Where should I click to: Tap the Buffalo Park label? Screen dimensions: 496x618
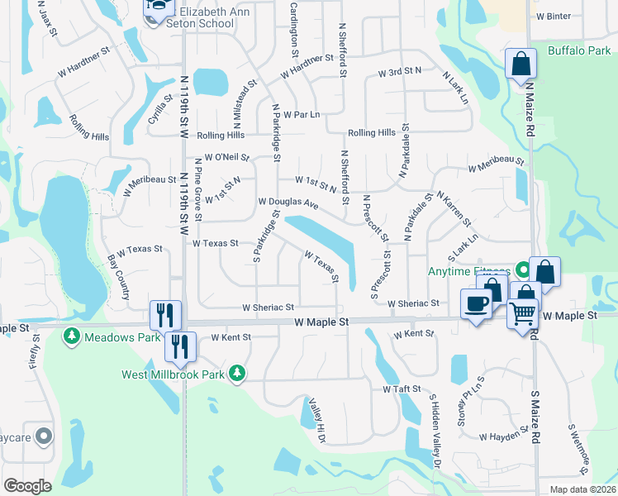coord(579,50)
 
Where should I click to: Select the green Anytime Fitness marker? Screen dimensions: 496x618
coord(523,269)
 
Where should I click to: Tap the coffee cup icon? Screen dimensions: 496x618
coord(477,303)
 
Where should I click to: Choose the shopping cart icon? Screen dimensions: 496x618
coord(522,314)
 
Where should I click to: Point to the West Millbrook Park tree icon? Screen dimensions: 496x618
coord(238,374)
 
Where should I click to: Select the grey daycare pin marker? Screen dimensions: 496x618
coord(44,435)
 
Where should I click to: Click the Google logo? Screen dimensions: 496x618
coord(27,486)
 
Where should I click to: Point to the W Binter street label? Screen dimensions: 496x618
coord(553,16)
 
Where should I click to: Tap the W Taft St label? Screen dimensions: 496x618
coord(402,389)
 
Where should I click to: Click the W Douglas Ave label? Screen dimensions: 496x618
coord(288,202)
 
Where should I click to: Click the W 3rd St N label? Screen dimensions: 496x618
coord(400,73)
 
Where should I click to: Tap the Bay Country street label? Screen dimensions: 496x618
coord(119,277)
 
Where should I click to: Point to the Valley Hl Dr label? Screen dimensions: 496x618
coord(317,414)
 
